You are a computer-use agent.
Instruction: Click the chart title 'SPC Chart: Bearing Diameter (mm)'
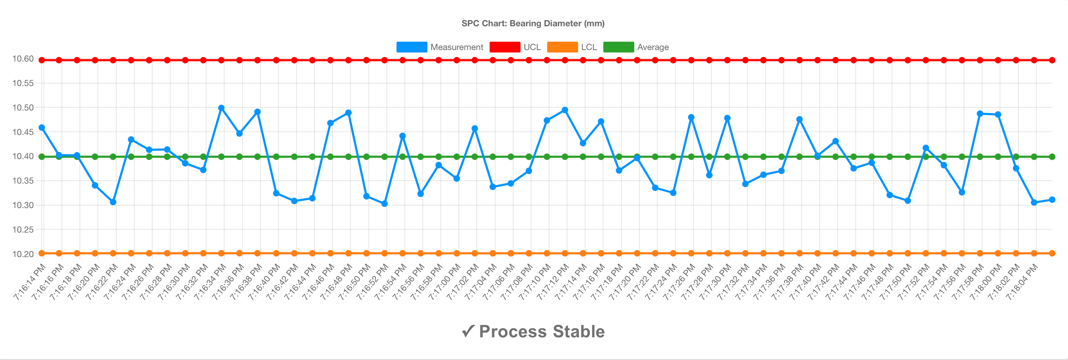point(533,24)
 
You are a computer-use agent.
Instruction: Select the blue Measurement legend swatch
point(411,47)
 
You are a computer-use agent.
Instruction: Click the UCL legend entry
point(515,47)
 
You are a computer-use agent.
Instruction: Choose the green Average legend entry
point(635,47)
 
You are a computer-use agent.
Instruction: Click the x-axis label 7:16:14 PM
point(30,282)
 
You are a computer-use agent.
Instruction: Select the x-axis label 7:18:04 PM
point(1022,282)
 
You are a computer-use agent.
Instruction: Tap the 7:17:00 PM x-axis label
point(445,282)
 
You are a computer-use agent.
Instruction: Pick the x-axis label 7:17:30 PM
point(716,282)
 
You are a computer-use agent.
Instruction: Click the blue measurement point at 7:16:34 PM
point(221,108)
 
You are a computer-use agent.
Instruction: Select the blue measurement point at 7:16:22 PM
point(113,202)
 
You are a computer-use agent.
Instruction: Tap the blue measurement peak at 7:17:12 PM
point(565,110)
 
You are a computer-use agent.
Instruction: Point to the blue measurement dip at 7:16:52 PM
point(384,204)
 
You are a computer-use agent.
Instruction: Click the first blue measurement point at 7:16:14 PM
point(41,128)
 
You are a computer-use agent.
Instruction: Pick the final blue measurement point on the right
point(1052,199)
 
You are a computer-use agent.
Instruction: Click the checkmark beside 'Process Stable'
point(468,332)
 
